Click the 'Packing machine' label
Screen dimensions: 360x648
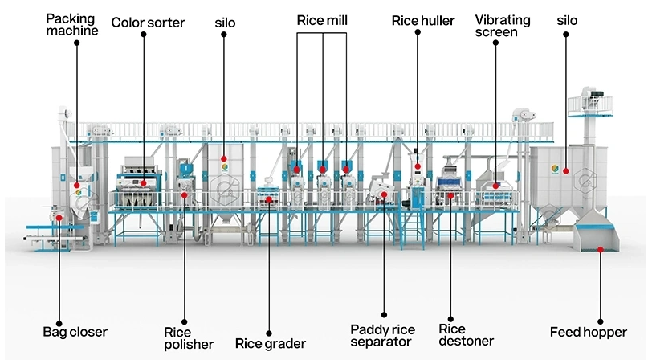click(x=71, y=24)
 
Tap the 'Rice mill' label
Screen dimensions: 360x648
click(x=322, y=19)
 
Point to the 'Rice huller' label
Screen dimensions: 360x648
click(x=422, y=20)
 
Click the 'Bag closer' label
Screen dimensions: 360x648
click(x=75, y=332)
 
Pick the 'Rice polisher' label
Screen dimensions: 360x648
click(x=188, y=337)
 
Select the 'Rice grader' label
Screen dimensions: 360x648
click(x=270, y=343)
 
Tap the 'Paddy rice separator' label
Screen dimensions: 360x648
click(x=382, y=336)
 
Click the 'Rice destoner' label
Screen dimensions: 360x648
click(x=463, y=335)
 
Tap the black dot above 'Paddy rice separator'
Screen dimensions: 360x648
click(x=384, y=314)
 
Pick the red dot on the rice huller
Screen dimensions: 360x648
click(x=418, y=168)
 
